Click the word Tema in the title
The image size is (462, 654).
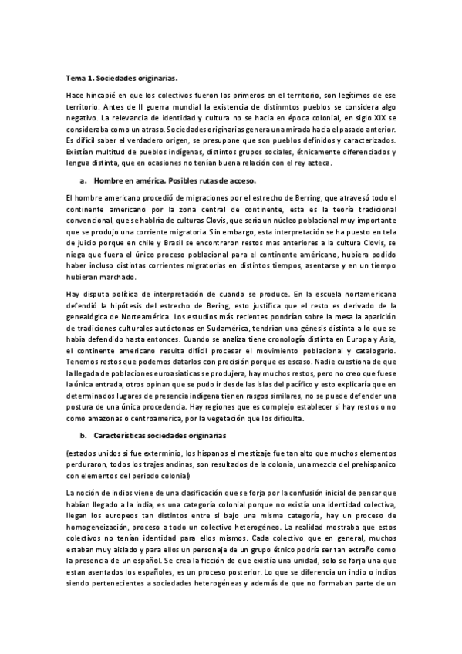(x=76, y=78)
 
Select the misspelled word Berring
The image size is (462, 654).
(x=289, y=198)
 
